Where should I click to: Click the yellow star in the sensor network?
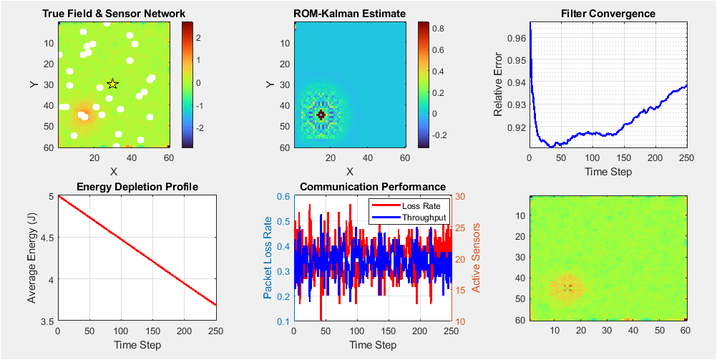tap(112, 84)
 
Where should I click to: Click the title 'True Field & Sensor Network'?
tap(114, 13)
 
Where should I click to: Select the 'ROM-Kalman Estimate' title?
tap(350, 13)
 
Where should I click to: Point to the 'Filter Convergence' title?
tap(608, 13)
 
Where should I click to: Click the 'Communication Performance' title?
tap(373, 188)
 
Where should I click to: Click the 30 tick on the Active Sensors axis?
tap(460, 196)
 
